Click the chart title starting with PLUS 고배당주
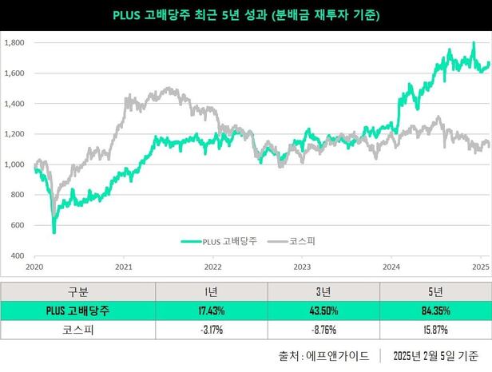point(246,14)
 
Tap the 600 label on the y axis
point(18,225)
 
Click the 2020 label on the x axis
point(34,266)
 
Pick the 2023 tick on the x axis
point(302,266)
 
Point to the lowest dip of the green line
point(54,232)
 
